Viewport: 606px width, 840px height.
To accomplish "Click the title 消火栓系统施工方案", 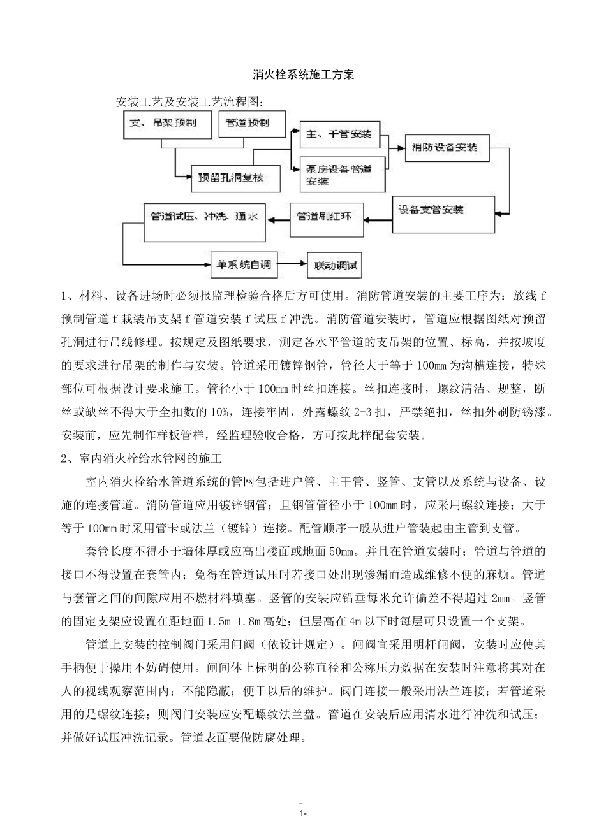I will [303, 75].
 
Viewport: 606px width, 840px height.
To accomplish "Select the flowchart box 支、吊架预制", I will [167, 124].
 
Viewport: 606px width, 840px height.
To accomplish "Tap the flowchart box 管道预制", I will [247, 124].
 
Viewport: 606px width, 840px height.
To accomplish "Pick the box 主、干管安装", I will [339, 134].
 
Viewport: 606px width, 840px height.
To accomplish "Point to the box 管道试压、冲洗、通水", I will [204, 221].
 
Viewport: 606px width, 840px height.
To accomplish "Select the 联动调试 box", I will [334, 264].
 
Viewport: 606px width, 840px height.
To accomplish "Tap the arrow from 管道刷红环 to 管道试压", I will [278, 219].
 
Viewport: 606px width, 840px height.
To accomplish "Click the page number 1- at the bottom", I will [303, 813].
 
